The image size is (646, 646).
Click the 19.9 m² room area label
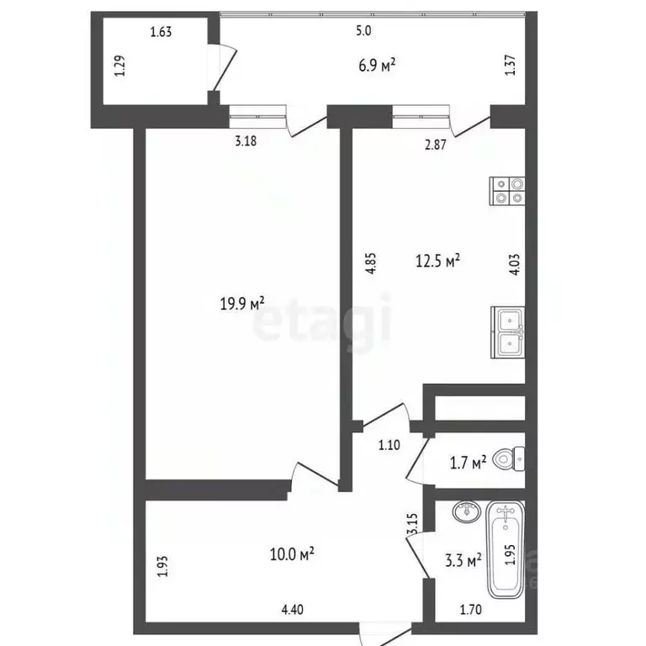pyautogui.click(x=242, y=303)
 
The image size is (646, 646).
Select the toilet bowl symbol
pyautogui.click(x=508, y=458)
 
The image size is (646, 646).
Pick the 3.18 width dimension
pyautogui.click(x=245, y=141)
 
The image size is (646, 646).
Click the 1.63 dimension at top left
pyautogui.click(x=160, y=33)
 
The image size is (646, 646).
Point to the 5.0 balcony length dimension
pyautogui.click(x=363, y=31)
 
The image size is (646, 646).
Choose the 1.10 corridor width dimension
pyautogui.click(x=388, y=446)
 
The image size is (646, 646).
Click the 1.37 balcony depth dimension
pyautogui.click(x=510, y=66)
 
